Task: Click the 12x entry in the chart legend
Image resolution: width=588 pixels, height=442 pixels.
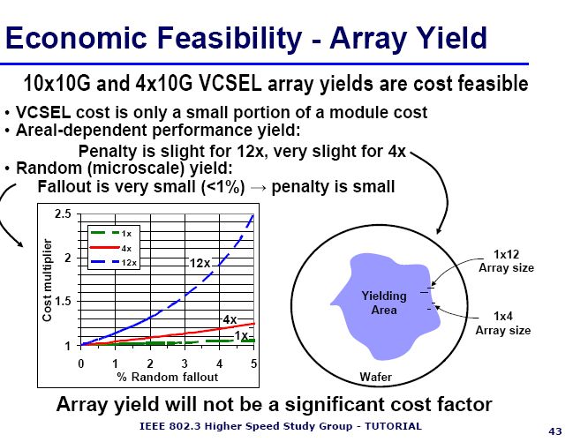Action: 114,263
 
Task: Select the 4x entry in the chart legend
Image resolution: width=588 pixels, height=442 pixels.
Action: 111,248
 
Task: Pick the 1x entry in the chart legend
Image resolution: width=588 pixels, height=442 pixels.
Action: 111,234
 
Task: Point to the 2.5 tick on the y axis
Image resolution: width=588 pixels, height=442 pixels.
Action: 63,214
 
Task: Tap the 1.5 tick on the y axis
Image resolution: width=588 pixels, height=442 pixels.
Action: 63,301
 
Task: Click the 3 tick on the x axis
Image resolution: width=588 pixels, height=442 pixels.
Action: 185,363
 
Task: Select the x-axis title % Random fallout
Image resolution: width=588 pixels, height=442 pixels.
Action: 167,377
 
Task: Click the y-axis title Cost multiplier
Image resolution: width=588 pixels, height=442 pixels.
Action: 47,281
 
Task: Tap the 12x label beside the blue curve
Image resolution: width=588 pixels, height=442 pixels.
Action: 200,263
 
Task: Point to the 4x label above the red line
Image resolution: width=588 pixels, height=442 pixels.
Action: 230,319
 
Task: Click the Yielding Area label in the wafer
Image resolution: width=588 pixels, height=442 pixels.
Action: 384,303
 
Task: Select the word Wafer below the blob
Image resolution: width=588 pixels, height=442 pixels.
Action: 376,377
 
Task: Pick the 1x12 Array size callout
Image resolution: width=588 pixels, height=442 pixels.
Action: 506,261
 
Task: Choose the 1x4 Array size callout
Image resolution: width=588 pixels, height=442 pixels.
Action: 503,323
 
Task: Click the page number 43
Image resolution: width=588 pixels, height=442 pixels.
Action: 555,431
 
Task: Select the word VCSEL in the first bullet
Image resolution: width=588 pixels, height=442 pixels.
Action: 43,112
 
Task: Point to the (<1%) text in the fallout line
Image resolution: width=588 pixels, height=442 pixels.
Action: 222,186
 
